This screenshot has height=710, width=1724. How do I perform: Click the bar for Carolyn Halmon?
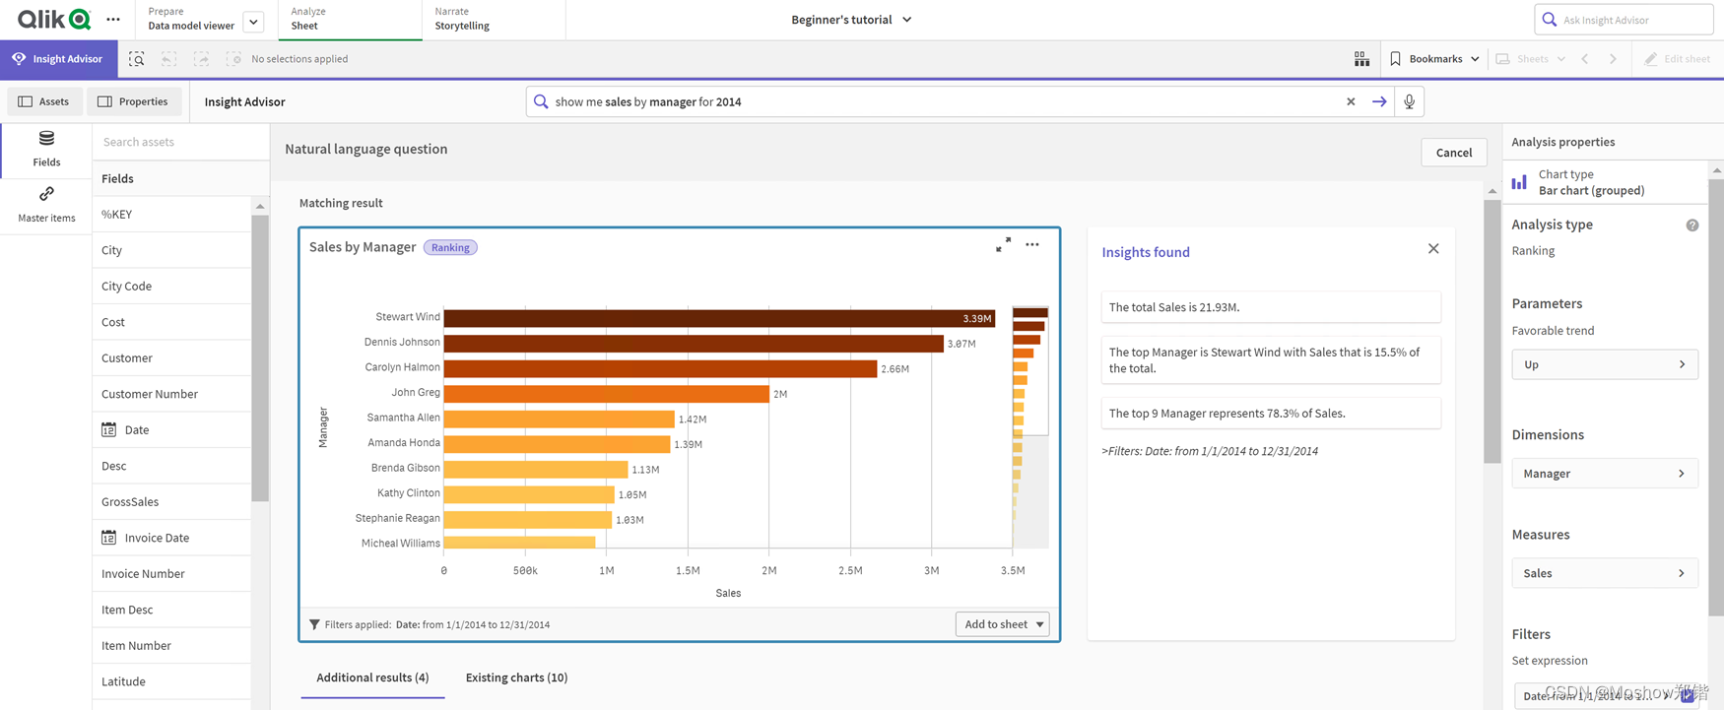point(660,368)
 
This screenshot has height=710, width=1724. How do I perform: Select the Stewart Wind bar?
point(719,318)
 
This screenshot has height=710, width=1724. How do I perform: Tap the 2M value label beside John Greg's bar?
point(780,394)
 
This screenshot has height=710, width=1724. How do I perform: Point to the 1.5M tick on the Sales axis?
point(688,571)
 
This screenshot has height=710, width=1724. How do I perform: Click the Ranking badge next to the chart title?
point(450,248)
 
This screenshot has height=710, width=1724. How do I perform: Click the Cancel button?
point(1453,153)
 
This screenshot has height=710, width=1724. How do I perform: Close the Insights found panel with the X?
point(1433,249)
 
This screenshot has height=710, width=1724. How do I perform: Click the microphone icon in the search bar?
point(1410,101)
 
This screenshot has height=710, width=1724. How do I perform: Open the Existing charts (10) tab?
point(516,678)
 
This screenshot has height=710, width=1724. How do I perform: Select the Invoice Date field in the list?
point(157,538)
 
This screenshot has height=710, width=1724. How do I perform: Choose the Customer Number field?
point(150,394)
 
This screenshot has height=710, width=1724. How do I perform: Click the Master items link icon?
point(46,195)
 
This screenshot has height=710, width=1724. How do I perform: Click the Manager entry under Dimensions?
point(1604,474)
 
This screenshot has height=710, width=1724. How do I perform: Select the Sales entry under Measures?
point(1604,573)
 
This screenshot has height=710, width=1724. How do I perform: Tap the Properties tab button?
point(133,101)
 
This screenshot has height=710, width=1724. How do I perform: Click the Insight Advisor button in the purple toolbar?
point(58,59)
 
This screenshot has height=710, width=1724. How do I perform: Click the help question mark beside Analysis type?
point(1691,226)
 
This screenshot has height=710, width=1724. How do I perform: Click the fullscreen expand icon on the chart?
point(1003,245)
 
